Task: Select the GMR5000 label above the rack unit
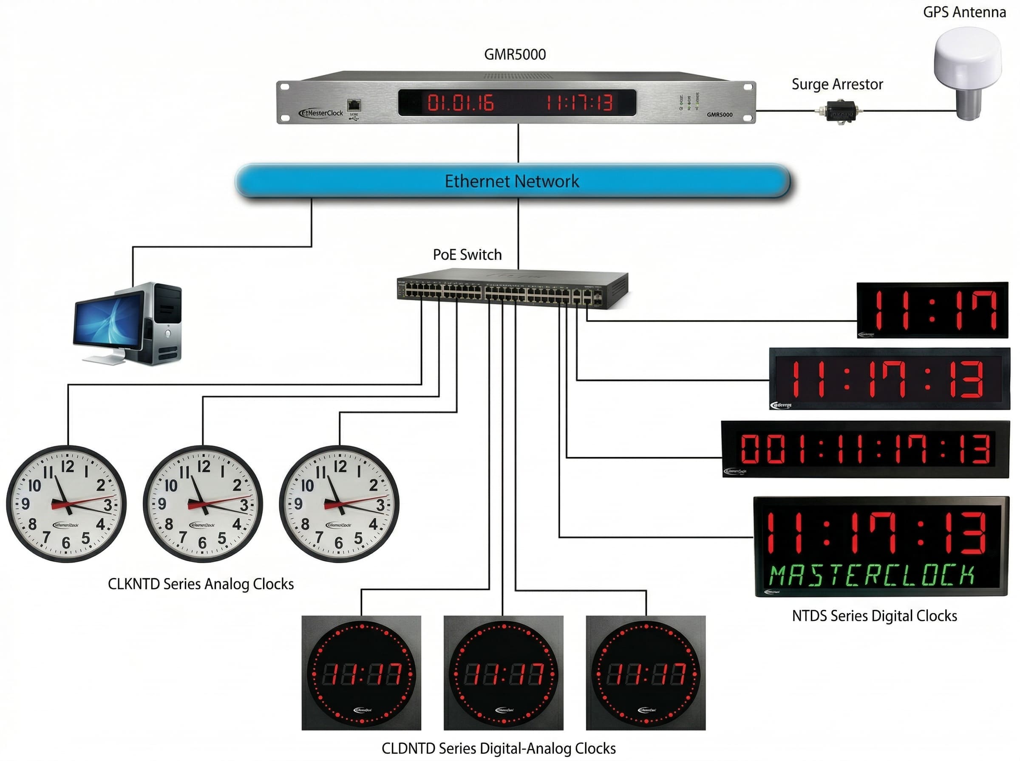[x=514, y=54]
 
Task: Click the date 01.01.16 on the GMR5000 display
[x=460, y=102]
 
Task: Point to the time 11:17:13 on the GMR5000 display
[x=579, y=102]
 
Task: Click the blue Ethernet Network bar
[x=512, y=181]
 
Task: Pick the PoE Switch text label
[x=467, y=254]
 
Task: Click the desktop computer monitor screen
[x=109, y=321]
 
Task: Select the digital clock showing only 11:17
[x=932, y=310]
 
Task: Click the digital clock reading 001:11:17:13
[x=865, y=449]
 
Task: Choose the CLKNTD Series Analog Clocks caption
[x=201, y=583]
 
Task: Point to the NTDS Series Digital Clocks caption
[x=874, y=615]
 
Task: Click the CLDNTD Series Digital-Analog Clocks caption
[x=498, y=748]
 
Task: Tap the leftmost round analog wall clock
[x=66, y=504]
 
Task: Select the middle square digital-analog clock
[x=503, y=673]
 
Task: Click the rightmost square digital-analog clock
[x=645, y=673]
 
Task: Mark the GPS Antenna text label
[x=964, y=12]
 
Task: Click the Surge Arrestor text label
[x=837, y=85]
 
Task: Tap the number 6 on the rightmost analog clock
[x=339, y=544]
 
